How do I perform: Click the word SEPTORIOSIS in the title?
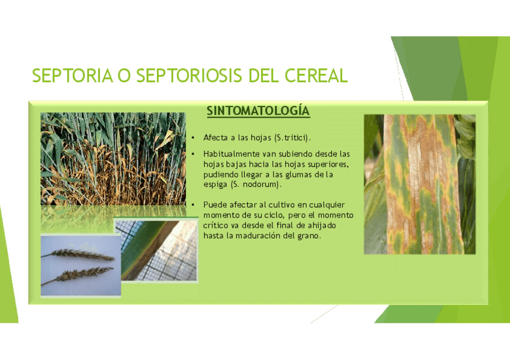click(x=189, y=76)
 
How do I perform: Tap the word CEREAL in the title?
click(x=316, y=76)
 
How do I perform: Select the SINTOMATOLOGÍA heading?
click(x=258, y=111)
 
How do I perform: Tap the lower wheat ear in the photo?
click(x=78, y=275)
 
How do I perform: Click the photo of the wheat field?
click(x=113, y=159)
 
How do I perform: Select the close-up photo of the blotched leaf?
click(x=420, y=185)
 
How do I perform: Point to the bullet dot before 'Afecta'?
click(x=193, y=138)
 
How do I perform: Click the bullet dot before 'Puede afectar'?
click(x=193, y=205)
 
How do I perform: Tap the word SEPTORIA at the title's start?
click(x=73, y=76)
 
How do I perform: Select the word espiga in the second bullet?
click(x=215, y=185)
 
